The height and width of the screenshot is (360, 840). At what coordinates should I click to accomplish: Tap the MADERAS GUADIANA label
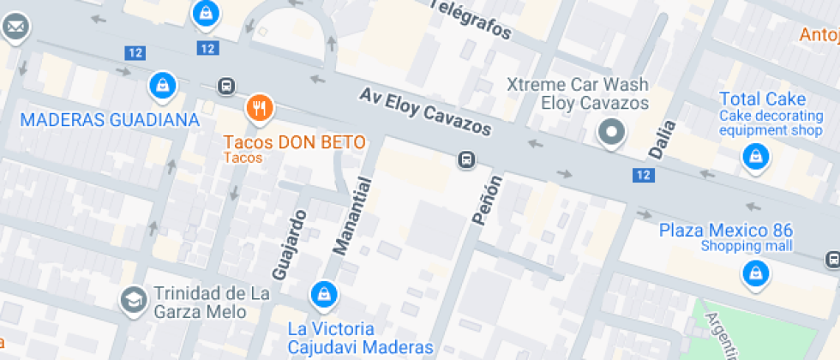(109, 119)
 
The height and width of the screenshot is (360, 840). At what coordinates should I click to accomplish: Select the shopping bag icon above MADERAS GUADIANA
(161, 85)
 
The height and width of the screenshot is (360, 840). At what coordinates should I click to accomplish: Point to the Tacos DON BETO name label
(294, 141)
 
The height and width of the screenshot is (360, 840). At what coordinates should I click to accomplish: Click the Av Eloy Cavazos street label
(426, 111)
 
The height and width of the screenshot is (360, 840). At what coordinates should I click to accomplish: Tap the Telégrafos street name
(469, 19)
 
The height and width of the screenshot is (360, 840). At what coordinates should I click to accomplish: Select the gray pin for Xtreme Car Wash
(611, 133)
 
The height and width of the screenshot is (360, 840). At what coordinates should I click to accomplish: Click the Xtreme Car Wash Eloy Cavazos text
(577, 93)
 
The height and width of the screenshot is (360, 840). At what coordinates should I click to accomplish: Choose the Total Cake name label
(752, 99)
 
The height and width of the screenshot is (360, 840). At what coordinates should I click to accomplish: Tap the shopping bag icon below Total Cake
(754, 157)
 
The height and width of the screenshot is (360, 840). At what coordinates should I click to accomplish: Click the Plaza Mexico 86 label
(725, 231)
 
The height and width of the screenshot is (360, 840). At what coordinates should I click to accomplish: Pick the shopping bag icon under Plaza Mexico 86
(754, 273)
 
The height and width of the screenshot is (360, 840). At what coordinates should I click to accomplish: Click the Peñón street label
(486, 199)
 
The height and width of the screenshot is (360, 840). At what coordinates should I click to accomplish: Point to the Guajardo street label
(289, 244)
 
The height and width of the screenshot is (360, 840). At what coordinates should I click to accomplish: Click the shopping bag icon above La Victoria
(324, 294)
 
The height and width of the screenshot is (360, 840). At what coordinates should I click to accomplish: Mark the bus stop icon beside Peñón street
(466, 159)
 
